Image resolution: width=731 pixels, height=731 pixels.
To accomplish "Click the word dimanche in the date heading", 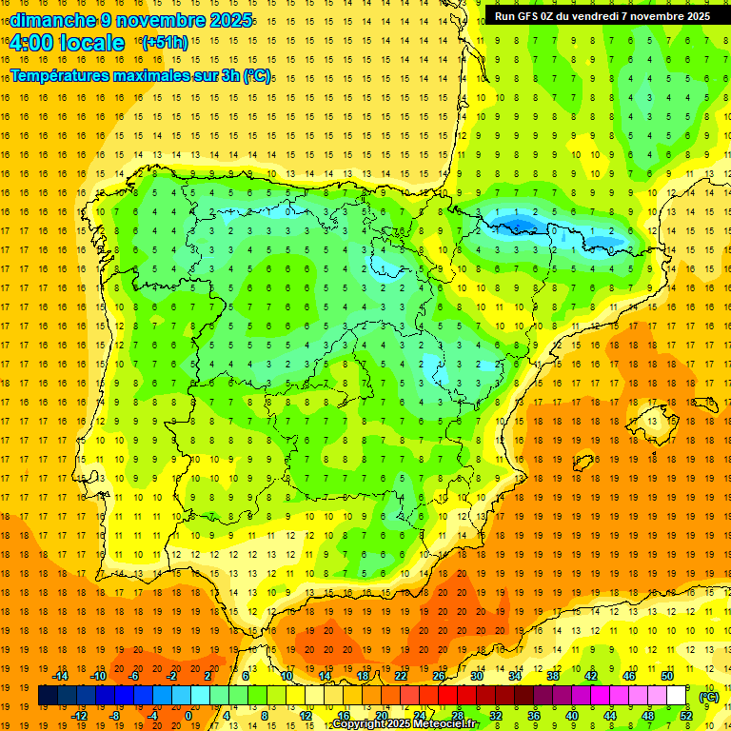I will [51, 20].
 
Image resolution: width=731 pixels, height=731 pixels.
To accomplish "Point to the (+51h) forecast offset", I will [164, 42].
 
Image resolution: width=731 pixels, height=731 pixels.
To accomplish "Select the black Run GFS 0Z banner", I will [602, 15].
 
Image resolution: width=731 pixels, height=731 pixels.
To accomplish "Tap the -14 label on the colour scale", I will [62, 676].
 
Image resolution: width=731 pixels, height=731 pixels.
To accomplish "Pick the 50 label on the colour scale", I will [666, 676].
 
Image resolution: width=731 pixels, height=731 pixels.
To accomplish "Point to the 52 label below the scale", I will [685, 715].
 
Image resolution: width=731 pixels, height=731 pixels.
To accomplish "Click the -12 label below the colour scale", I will [81, 715].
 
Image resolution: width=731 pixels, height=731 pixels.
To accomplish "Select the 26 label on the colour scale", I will [439, 676].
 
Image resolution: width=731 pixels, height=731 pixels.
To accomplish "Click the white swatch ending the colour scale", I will [676, 696].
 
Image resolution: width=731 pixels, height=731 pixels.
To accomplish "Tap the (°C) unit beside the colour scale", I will [708, 697].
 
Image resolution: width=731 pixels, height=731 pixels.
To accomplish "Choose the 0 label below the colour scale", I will [188, 715].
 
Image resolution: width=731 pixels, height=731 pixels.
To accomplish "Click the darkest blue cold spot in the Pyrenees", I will [520, 226].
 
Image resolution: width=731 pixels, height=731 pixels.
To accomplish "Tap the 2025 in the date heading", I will [231, 20].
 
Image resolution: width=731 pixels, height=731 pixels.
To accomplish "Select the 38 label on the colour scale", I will [552, 676].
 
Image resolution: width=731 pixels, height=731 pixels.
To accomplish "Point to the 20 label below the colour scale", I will [381, 715].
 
